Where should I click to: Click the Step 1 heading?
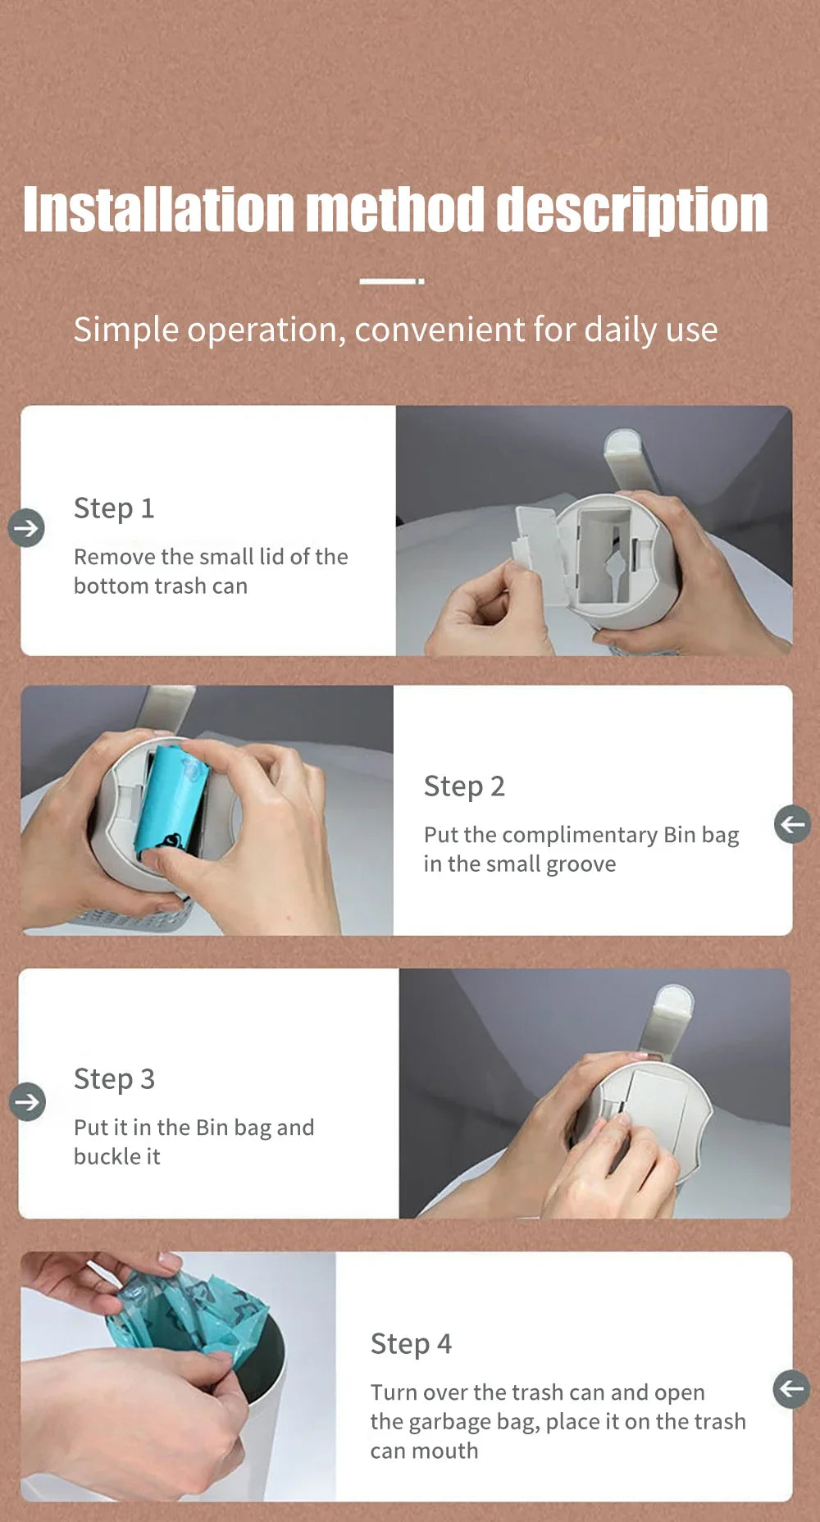pos(114,508)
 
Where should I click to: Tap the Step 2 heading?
pos(464,786)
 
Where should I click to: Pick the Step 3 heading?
pos(114,1079)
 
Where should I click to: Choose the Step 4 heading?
pos(411,1344)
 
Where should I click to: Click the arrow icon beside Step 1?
pos(26,527)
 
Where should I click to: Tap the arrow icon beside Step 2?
pos(792,823)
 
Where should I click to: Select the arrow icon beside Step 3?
pos(27,1101)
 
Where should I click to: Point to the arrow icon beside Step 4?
pos(791,1388)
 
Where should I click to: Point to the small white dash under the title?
pos(392,281)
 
